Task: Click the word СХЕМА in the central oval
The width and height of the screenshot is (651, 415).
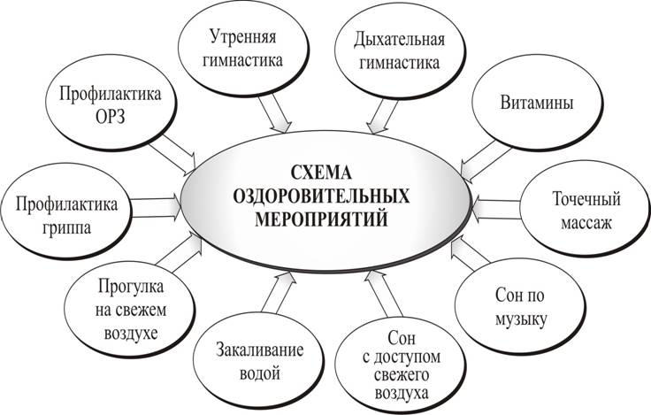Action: coord(321,173)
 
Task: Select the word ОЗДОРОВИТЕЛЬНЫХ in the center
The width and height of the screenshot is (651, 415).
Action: coord(321,196)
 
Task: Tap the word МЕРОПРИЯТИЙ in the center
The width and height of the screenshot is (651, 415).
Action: coord(321,219)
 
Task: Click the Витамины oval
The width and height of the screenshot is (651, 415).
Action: coord(537,103)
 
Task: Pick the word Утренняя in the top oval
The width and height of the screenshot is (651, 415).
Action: coord(242,36)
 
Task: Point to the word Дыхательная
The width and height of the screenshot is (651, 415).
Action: coord(399,40)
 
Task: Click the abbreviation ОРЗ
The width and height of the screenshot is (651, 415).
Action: coord(110,117)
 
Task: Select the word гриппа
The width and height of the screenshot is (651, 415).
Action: coord(66,228)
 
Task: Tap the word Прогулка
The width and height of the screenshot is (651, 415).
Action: coord(131,287)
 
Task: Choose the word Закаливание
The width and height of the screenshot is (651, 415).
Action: coord(259,350)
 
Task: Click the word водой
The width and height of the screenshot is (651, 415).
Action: coord(260,373)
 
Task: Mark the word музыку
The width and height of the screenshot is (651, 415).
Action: coord(521,320)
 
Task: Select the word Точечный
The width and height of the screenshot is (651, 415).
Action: coord(586,199)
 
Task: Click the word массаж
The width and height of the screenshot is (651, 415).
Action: coord(586,223)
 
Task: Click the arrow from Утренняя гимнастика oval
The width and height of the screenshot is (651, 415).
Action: coord(275,113)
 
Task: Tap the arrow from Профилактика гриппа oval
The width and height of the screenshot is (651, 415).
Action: coord(157,208)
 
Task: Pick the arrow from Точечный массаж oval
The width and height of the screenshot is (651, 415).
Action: coord(495,210)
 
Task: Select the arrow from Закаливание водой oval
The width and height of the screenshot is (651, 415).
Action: coord(278,292)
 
